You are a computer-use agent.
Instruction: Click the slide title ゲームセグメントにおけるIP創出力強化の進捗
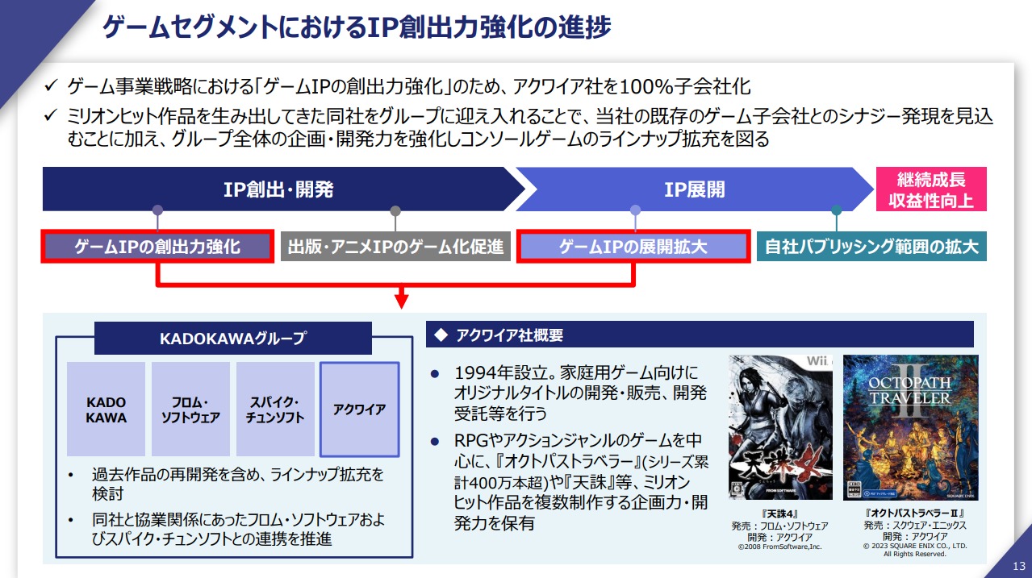[x=357, y=27]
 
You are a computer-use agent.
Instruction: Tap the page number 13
[x=1018, y=566]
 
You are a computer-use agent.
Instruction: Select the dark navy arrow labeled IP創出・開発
[x=284, y=189]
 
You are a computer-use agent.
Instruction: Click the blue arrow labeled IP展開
[x=694, y=189]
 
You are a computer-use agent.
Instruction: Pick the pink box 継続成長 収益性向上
[x=931, y=189]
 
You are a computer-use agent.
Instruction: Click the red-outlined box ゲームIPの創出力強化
[x=157, y=247]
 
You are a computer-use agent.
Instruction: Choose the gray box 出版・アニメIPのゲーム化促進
[x=395, y=247]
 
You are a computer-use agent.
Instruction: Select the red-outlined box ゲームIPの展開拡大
[x=633, y=247]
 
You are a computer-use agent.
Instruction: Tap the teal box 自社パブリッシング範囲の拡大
[x=871, y=247]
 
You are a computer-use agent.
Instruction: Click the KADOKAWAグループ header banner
[x=233, y=339]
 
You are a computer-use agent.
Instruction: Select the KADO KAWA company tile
[x=106, y=409]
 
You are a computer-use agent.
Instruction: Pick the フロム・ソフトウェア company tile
[x=190, y=409]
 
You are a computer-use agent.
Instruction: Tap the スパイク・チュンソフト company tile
[x=275, y=409]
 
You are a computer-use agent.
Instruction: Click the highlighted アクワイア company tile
[x=360, y=409]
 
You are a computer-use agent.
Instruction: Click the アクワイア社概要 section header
[x=700, y=335]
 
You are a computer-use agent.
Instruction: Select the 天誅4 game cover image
[x=780, y=427]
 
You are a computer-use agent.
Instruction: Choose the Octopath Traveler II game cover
[x=911, y=427]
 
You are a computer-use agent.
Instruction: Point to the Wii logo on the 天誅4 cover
[x=818, y=361]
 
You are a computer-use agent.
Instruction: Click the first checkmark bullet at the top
[x=51, y=85]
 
